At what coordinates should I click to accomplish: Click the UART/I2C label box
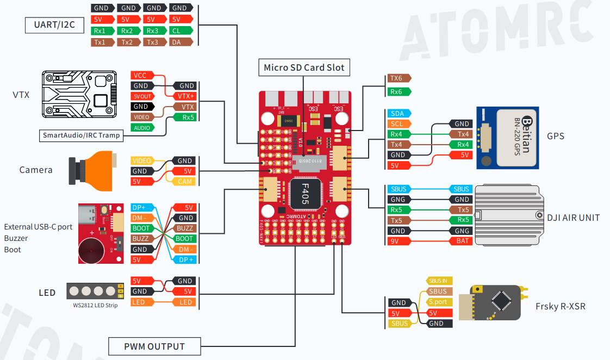(x=51, y=25)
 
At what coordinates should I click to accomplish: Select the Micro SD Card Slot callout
(x=304, y=67)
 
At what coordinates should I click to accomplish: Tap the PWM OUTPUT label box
(x=154, y=346)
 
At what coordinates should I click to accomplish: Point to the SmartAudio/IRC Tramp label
(x=81, y=135)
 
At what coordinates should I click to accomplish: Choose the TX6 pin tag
(x=397, y=78)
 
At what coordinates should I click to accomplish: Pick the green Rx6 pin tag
(x=397, y=92)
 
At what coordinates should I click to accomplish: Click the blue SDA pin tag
(x=397, y=113)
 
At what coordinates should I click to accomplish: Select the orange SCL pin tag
(x=397, y=124)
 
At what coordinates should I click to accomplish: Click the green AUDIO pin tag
(x=141, y=128)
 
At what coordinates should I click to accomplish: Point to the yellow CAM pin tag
(x=185, y=181)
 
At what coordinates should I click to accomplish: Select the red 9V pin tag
(x=397, y=241)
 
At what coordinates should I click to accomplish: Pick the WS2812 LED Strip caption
(x=95, y=305)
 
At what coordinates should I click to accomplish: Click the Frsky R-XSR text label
(x=560, y=306)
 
